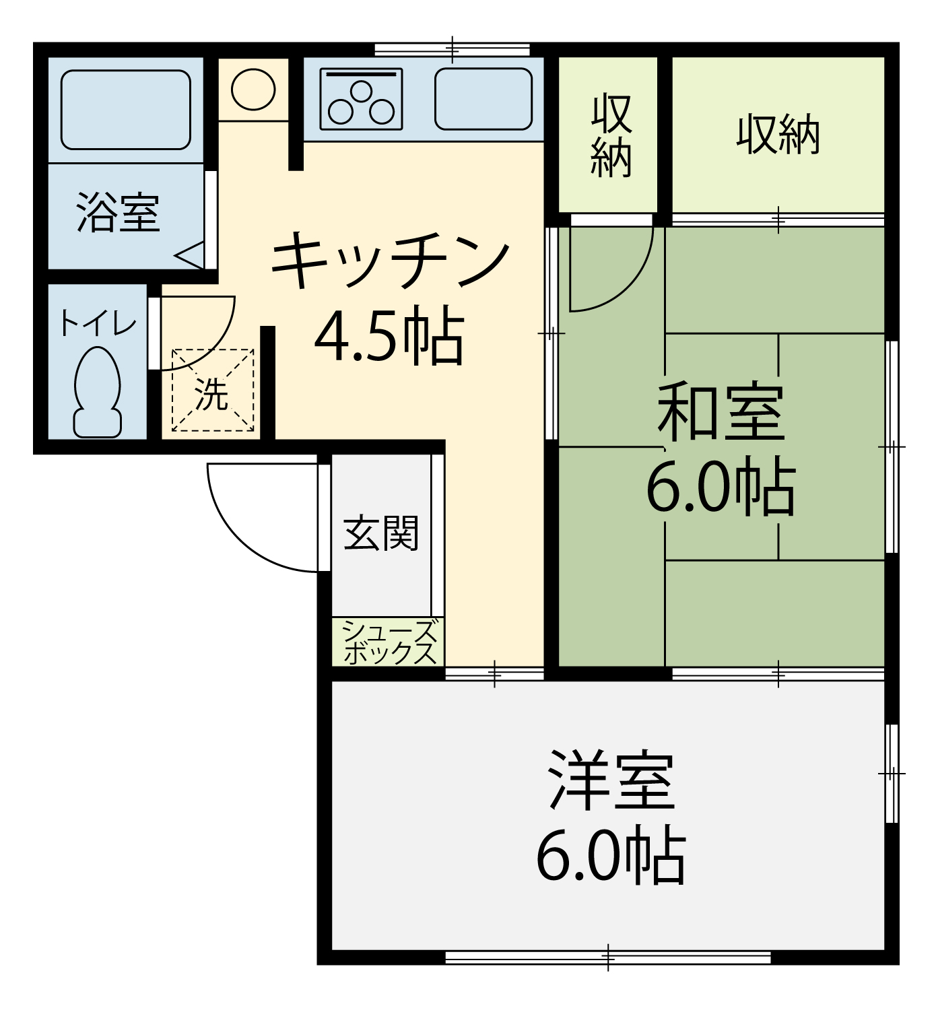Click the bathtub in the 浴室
point(126,110)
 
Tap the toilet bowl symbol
point(97,392)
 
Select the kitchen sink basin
point(483,99)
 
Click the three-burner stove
point(361,99)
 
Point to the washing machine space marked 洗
point(213,390)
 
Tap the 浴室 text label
point(119,213)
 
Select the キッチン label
point(391,260)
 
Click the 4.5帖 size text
point(390,335)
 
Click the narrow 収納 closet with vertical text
point(611,135)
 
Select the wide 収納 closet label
point(778,135)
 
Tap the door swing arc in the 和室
point(631,288)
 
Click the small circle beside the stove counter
point(253,89)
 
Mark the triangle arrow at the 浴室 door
point(191,255)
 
